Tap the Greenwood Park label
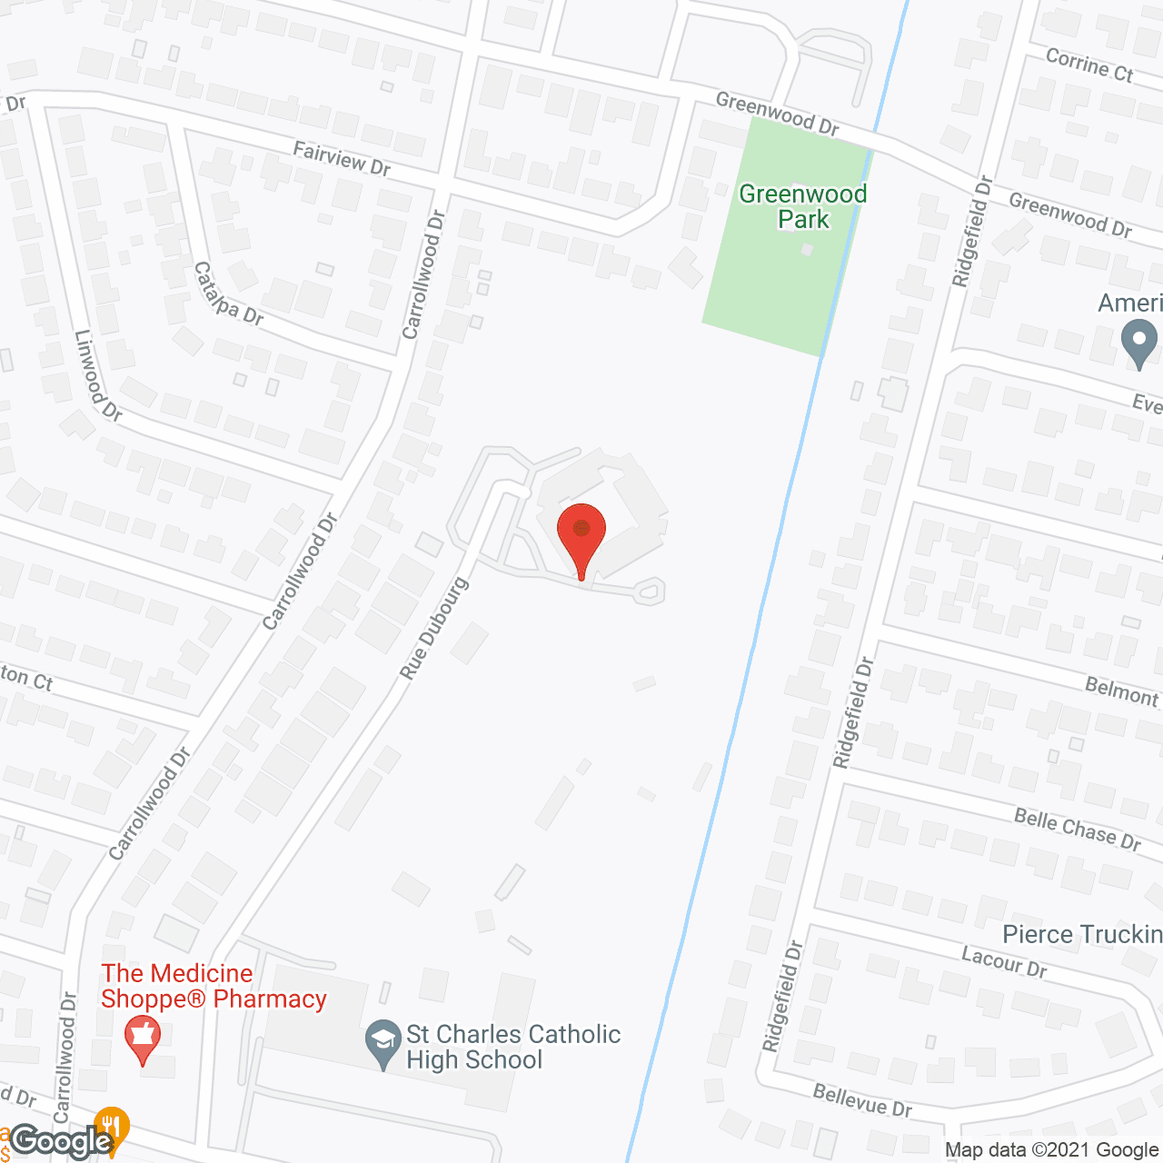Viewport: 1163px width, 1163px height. (803, 206)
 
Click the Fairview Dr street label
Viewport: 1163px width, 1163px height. (342, 158)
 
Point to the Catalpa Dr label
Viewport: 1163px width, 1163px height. (228, 293)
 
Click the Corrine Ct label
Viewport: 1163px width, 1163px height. (1089, 65)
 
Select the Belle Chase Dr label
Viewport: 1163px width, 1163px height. (1078, 830)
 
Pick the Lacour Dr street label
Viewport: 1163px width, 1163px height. (1004, 961)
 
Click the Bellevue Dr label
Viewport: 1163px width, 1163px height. (862, 1100)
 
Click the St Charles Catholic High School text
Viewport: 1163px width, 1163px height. (513, 1047)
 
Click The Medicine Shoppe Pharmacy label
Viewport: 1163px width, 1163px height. (214, 986)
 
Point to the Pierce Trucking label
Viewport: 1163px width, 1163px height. (1082, 934)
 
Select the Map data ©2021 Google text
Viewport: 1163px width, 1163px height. (1051, 1150)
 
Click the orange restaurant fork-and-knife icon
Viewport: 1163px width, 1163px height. (112, 1127)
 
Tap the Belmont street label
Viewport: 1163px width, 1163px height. (1122, 692)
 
